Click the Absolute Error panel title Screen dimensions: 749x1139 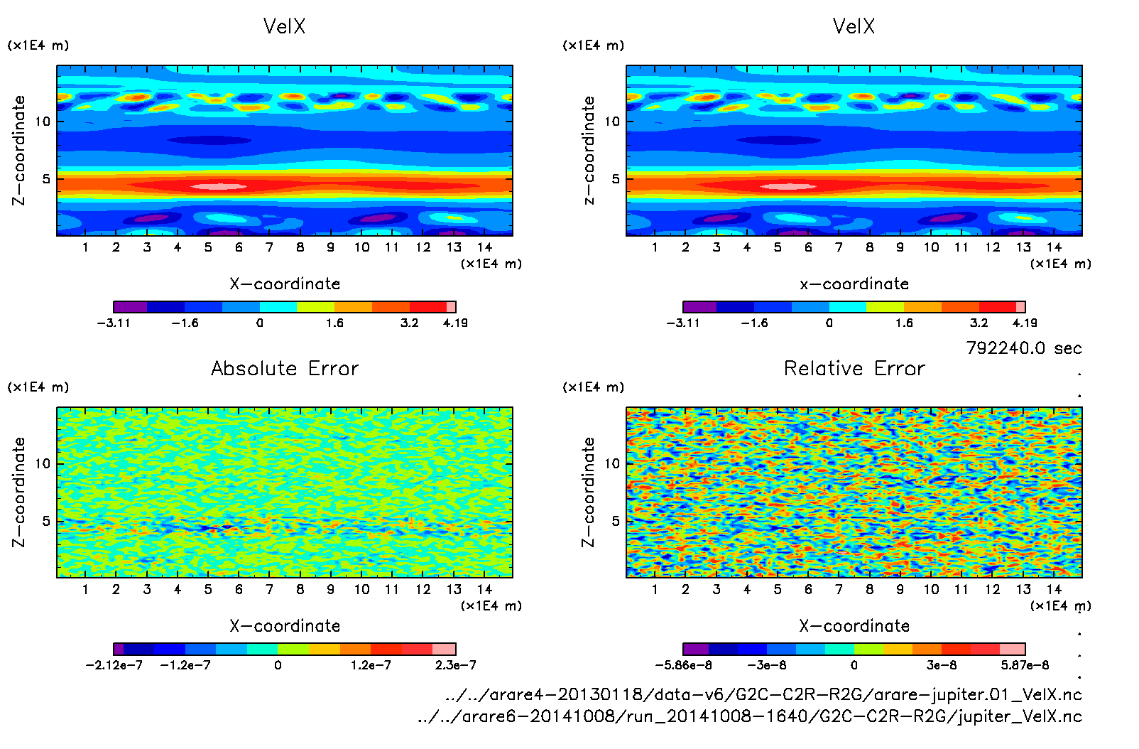coord(285,368)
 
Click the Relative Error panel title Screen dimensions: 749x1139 coord(854,368)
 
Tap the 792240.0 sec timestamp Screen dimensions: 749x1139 coord(1023,348)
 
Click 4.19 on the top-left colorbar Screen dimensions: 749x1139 coord(455,323)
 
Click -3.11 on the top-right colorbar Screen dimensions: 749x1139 coord(683,323)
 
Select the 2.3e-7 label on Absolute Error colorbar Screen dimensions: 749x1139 coord(455,665)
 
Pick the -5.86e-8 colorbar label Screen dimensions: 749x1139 coord(683,665)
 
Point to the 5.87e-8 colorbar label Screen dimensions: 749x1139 coord(1025,665)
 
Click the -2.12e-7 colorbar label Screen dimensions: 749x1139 coord(114,665)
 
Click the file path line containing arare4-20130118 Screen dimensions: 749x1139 coord(763,694)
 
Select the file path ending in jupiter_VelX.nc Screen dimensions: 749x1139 coord(750,716)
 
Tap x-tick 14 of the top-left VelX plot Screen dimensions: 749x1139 coord(484,247)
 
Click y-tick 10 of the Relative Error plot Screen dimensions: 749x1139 coord(612,463)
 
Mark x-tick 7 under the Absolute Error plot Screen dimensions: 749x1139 coord(269,589)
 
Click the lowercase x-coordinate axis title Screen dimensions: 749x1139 coord(854,284)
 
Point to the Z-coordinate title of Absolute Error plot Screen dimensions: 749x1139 coord(19,492)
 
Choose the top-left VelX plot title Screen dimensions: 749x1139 coord(284,26)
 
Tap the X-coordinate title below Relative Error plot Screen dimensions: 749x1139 coord(854,626)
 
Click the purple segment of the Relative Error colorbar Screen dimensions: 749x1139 coord(696,649)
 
